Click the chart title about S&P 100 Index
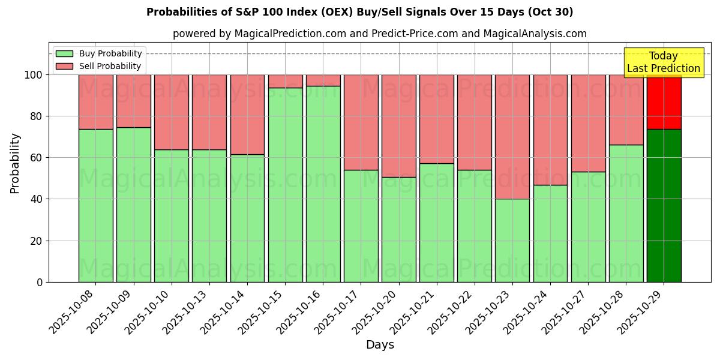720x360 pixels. point(359,12)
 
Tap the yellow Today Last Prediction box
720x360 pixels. point(663,62)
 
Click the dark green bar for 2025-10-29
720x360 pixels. point(664,205)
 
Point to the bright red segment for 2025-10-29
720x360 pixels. point(664,102)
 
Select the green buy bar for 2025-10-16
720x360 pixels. point(323,184)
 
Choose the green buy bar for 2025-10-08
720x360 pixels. point(95,205)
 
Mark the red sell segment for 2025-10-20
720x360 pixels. point(398,126)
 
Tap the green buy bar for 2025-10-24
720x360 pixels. point(550,233)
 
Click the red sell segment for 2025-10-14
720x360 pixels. point(247,115)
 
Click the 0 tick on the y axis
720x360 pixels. point(40,282)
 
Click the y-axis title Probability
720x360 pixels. point(15,163)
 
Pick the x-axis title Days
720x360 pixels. point(380,345)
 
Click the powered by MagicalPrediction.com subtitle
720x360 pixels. point(379,34)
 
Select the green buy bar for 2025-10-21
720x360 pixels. point(436,223)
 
